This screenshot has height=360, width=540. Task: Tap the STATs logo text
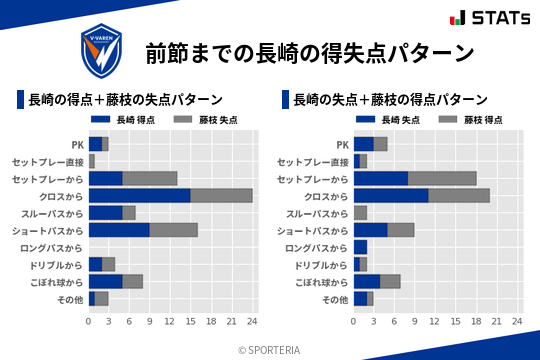496,18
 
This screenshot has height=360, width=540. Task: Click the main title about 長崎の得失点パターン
309,53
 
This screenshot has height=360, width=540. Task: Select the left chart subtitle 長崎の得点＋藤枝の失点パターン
125,100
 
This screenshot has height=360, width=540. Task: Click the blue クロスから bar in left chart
139,195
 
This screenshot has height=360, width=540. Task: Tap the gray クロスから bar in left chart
221,195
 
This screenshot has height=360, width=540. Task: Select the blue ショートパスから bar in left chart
119,229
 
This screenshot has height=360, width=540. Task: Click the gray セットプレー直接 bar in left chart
91,161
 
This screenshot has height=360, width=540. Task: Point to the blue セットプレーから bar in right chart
381,178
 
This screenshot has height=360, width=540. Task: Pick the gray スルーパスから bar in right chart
360,212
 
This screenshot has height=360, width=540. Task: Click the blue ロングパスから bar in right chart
360,247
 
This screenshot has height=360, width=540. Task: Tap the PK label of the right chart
342,144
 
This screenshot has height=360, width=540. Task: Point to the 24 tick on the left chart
252,322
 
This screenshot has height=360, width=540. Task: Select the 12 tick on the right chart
436,322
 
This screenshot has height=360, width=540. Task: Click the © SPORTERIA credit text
270,349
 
